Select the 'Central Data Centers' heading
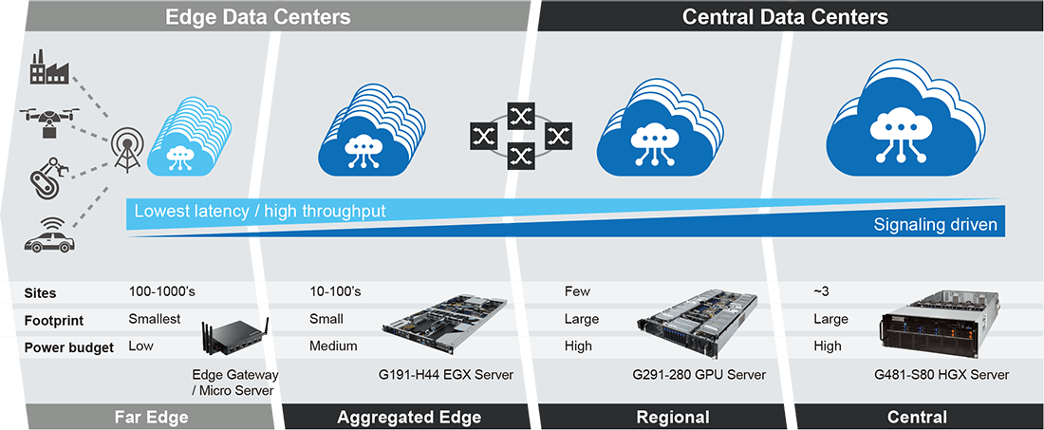(785, 16)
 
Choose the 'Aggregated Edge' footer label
(409, 417)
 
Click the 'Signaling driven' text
(935, 225)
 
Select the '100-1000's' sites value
(161, 291)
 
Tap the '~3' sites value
(823, 291)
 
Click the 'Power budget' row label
(69, 347)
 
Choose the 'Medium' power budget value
(333, 346)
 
